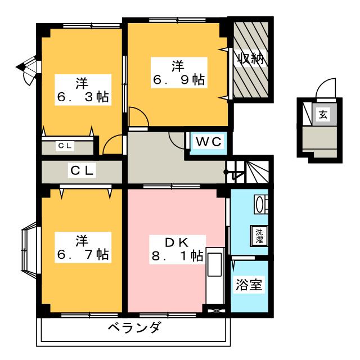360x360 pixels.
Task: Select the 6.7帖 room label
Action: [x=82, y=247]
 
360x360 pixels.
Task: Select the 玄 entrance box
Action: [x=323, y=115]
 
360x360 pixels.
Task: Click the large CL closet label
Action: [x=82, y=170]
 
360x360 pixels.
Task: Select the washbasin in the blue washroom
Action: [x=260, y=204]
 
